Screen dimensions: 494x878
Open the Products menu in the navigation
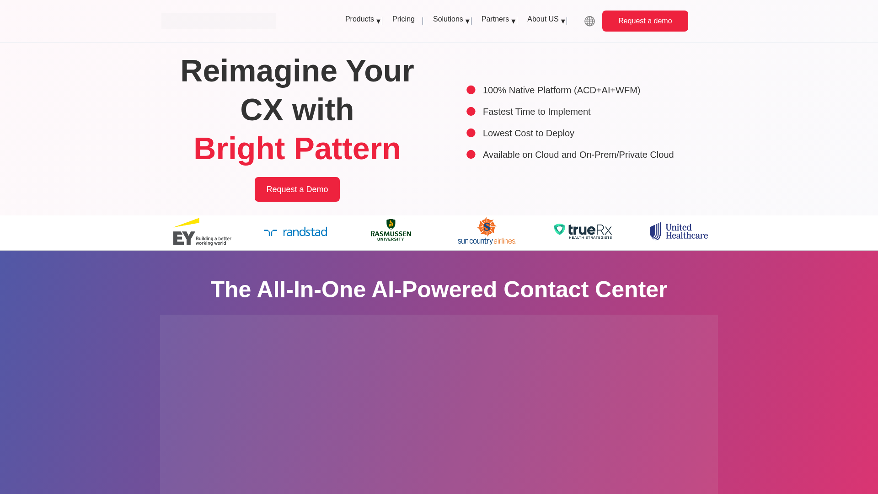(x=360, y=19)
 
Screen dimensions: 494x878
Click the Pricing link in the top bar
(x=403, y=19)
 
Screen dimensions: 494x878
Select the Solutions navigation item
(x=448, y=19)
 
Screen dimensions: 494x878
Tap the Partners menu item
(x=495, y=19)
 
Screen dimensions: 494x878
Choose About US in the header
(x=543, y=19)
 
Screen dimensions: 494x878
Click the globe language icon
(x=589, y=21)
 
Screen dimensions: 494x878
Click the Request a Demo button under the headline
(x=297, y=189)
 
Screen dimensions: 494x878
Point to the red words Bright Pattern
(x=297, y=149)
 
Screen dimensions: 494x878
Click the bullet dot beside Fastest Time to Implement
(x=471, y=112)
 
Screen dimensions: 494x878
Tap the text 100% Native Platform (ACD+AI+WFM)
(x=561, y=90)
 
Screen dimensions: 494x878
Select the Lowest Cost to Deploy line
(x=528, y=133)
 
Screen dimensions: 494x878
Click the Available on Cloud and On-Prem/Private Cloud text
(x=578, y=155)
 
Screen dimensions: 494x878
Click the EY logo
(x=202, y=232)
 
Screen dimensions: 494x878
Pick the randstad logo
(x=295, y=232)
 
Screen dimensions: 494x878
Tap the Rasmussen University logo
(x=391, y=230)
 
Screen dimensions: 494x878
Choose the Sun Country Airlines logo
(x=487, y=231)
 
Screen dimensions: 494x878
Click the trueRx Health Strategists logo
(x=583, y=231)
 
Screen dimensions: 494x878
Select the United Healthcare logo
(x=679, y=231)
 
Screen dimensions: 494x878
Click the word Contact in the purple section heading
(x=546, y=290)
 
